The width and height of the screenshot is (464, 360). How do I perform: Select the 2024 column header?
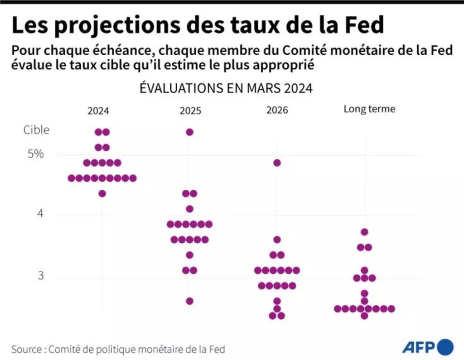pyautogui.click(x=98, y=110)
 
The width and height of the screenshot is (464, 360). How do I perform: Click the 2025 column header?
pyautogui.click(x=190, y=110)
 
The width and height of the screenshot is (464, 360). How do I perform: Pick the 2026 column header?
pyautogui.click(x=277, y=110)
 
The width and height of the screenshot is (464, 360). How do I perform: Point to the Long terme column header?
pyautogui.click(x=369, y=109)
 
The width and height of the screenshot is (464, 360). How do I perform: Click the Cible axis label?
pyautogui.click(x=36, y=130)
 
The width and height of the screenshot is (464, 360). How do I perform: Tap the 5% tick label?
pyautogui.click(x=36, y=154)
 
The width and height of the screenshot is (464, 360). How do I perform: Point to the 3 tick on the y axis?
pyautogui.click(x=41, y=276)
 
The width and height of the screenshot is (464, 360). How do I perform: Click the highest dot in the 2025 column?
pyautogui.click(x=189, y=132)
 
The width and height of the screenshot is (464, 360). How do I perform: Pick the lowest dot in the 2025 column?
pyautogui.click(x=189, y=301)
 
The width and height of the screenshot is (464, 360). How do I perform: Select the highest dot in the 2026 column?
pyautogui.click(x=277, y=163)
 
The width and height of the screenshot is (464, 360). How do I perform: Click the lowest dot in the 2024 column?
pyautogui.click(x=102, y=193)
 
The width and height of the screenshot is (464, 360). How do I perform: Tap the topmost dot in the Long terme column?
pyautogui.click(x=364, y=232)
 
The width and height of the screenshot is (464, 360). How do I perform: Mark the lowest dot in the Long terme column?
pyautogui.click(x=364, y=316)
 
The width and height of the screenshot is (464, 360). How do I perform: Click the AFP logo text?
pyautogui.click(x=418, y=348)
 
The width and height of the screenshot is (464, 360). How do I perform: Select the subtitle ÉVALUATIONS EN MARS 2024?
pyautogui.click(x=226, y=88)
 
